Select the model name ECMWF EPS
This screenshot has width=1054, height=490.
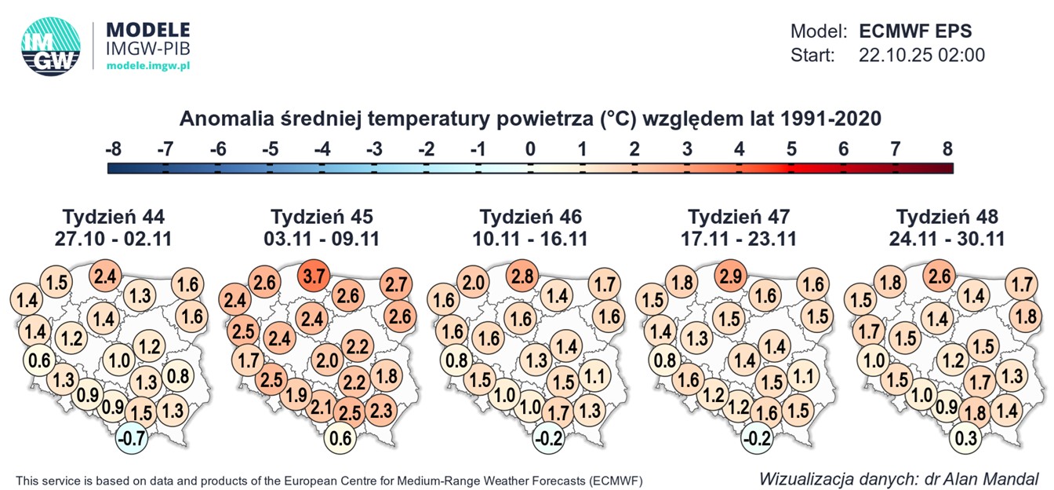click(x=915, y=31)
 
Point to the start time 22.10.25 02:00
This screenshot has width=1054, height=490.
click(x=922, y=55)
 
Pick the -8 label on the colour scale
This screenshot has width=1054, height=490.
click(x=113, y=148)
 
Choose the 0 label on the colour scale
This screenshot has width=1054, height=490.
click(x=530, y=148)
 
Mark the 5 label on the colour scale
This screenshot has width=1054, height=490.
click(x=791, y=148)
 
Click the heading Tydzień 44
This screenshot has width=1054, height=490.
click(x=113, y=217)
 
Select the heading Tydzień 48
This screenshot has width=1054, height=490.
click(x=947, y=217)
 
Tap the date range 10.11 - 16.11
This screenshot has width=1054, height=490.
click(x=531, y=238)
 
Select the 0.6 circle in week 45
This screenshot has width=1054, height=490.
click(x=340, y=437)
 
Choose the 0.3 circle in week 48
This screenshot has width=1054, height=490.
click(x=966, y=437)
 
